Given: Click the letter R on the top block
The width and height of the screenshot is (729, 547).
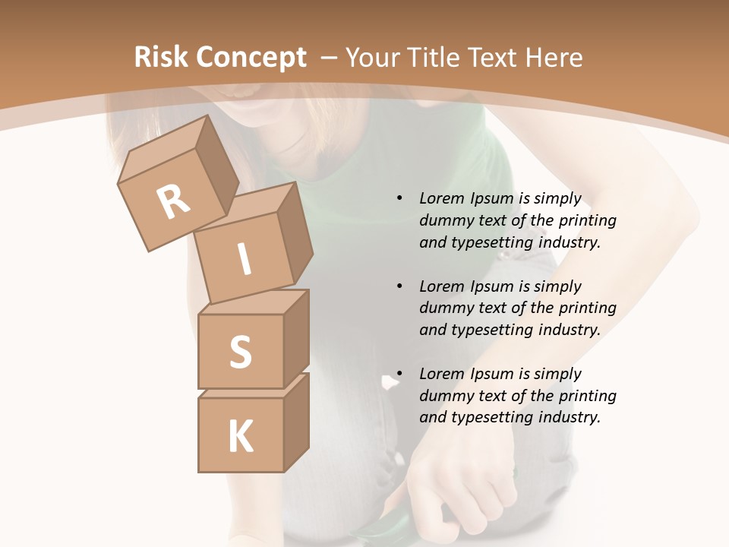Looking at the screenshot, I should click(x=173, y=202).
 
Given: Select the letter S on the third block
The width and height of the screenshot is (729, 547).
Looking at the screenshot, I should click(x=240, y=352).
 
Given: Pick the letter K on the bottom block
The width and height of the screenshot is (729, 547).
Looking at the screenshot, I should click(x=240, y=436).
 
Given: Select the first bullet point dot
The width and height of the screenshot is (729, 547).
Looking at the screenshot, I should click(x=399, y=198).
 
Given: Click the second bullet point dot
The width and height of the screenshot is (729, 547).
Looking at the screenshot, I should click(x=399, y=286).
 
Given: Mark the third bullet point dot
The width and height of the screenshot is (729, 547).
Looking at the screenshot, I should click(x=399, y=374).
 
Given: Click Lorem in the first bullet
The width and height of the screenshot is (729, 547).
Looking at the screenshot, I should click(x=441, y=198).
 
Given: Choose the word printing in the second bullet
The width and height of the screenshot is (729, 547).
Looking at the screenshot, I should click(x=587, y=308).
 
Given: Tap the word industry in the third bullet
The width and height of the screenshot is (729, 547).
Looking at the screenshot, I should click(x=570, y=417).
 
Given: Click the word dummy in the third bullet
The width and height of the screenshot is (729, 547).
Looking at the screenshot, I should click(x=443, y=396).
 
